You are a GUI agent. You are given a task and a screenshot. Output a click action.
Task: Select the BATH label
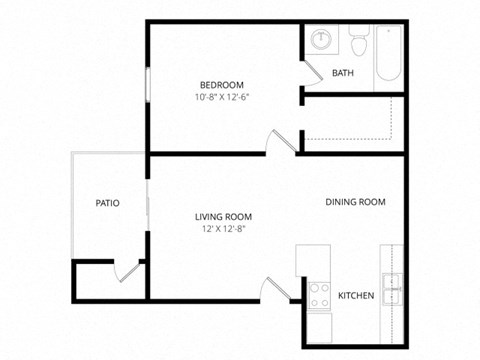[343, 73]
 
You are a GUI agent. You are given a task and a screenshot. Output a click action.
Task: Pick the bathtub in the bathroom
[388, 54]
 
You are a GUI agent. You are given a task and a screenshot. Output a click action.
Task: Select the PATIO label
[108, 203]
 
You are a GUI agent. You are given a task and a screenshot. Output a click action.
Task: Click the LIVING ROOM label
[223, 216]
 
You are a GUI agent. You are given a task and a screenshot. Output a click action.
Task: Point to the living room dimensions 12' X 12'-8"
[223, 229]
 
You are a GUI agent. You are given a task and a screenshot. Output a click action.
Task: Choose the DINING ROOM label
[355, 202]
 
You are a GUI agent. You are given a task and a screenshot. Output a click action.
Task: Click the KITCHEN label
[356, 295]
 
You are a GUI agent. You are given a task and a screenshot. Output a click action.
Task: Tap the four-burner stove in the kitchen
[320, 294]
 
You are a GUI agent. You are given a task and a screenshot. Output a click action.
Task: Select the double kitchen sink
[391, 287]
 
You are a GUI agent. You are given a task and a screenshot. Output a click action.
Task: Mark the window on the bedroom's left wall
[148, 84]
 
